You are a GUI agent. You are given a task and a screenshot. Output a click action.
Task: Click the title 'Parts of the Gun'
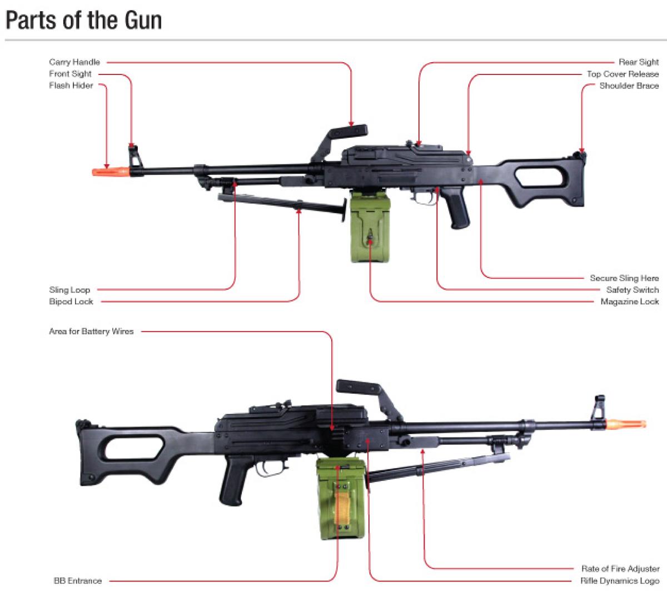pyautogui.click(x=83, y=21)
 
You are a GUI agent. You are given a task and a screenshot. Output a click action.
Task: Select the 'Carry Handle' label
pyautogui.click(x=74, y=62)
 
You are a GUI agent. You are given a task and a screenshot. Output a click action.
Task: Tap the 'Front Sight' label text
pyautogui.click(x=70, y=74)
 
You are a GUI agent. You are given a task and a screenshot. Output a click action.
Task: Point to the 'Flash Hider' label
pyautogui.click(x=71, y=86)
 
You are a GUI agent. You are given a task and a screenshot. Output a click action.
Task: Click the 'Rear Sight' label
pyautogui.click(x=639, y=62)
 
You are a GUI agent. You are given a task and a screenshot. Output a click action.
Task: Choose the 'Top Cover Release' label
pyautogui.click(x=623, y=74)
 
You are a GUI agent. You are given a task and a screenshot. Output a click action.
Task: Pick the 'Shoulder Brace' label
pyautogui.click(x=629, y=86)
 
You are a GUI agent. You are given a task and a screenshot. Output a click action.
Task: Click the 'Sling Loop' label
pyautogui.click(x=69, y=289)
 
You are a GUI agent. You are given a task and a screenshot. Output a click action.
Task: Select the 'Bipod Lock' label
pyautogui.click(x=71, y=302)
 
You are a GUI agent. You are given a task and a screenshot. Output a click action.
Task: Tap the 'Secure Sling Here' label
pyautogui.click(x=624, y=278)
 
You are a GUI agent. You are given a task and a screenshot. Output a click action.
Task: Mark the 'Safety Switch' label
pyautogui.click(x=632, y=289)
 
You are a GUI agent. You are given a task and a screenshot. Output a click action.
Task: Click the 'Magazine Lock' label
pyautogui.click(x=629, y=302)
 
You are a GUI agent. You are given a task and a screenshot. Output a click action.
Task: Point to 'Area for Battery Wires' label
pyautogui.click(x=91, y=332)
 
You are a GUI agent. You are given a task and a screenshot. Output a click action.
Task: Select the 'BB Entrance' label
pyautogui.click(x=78, y=580)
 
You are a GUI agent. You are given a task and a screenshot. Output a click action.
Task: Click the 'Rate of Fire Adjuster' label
pyautogui.click(x=620, y=569)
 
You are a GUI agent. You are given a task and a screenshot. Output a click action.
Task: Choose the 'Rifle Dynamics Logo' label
pyautogui.click(x=620, y=580)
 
